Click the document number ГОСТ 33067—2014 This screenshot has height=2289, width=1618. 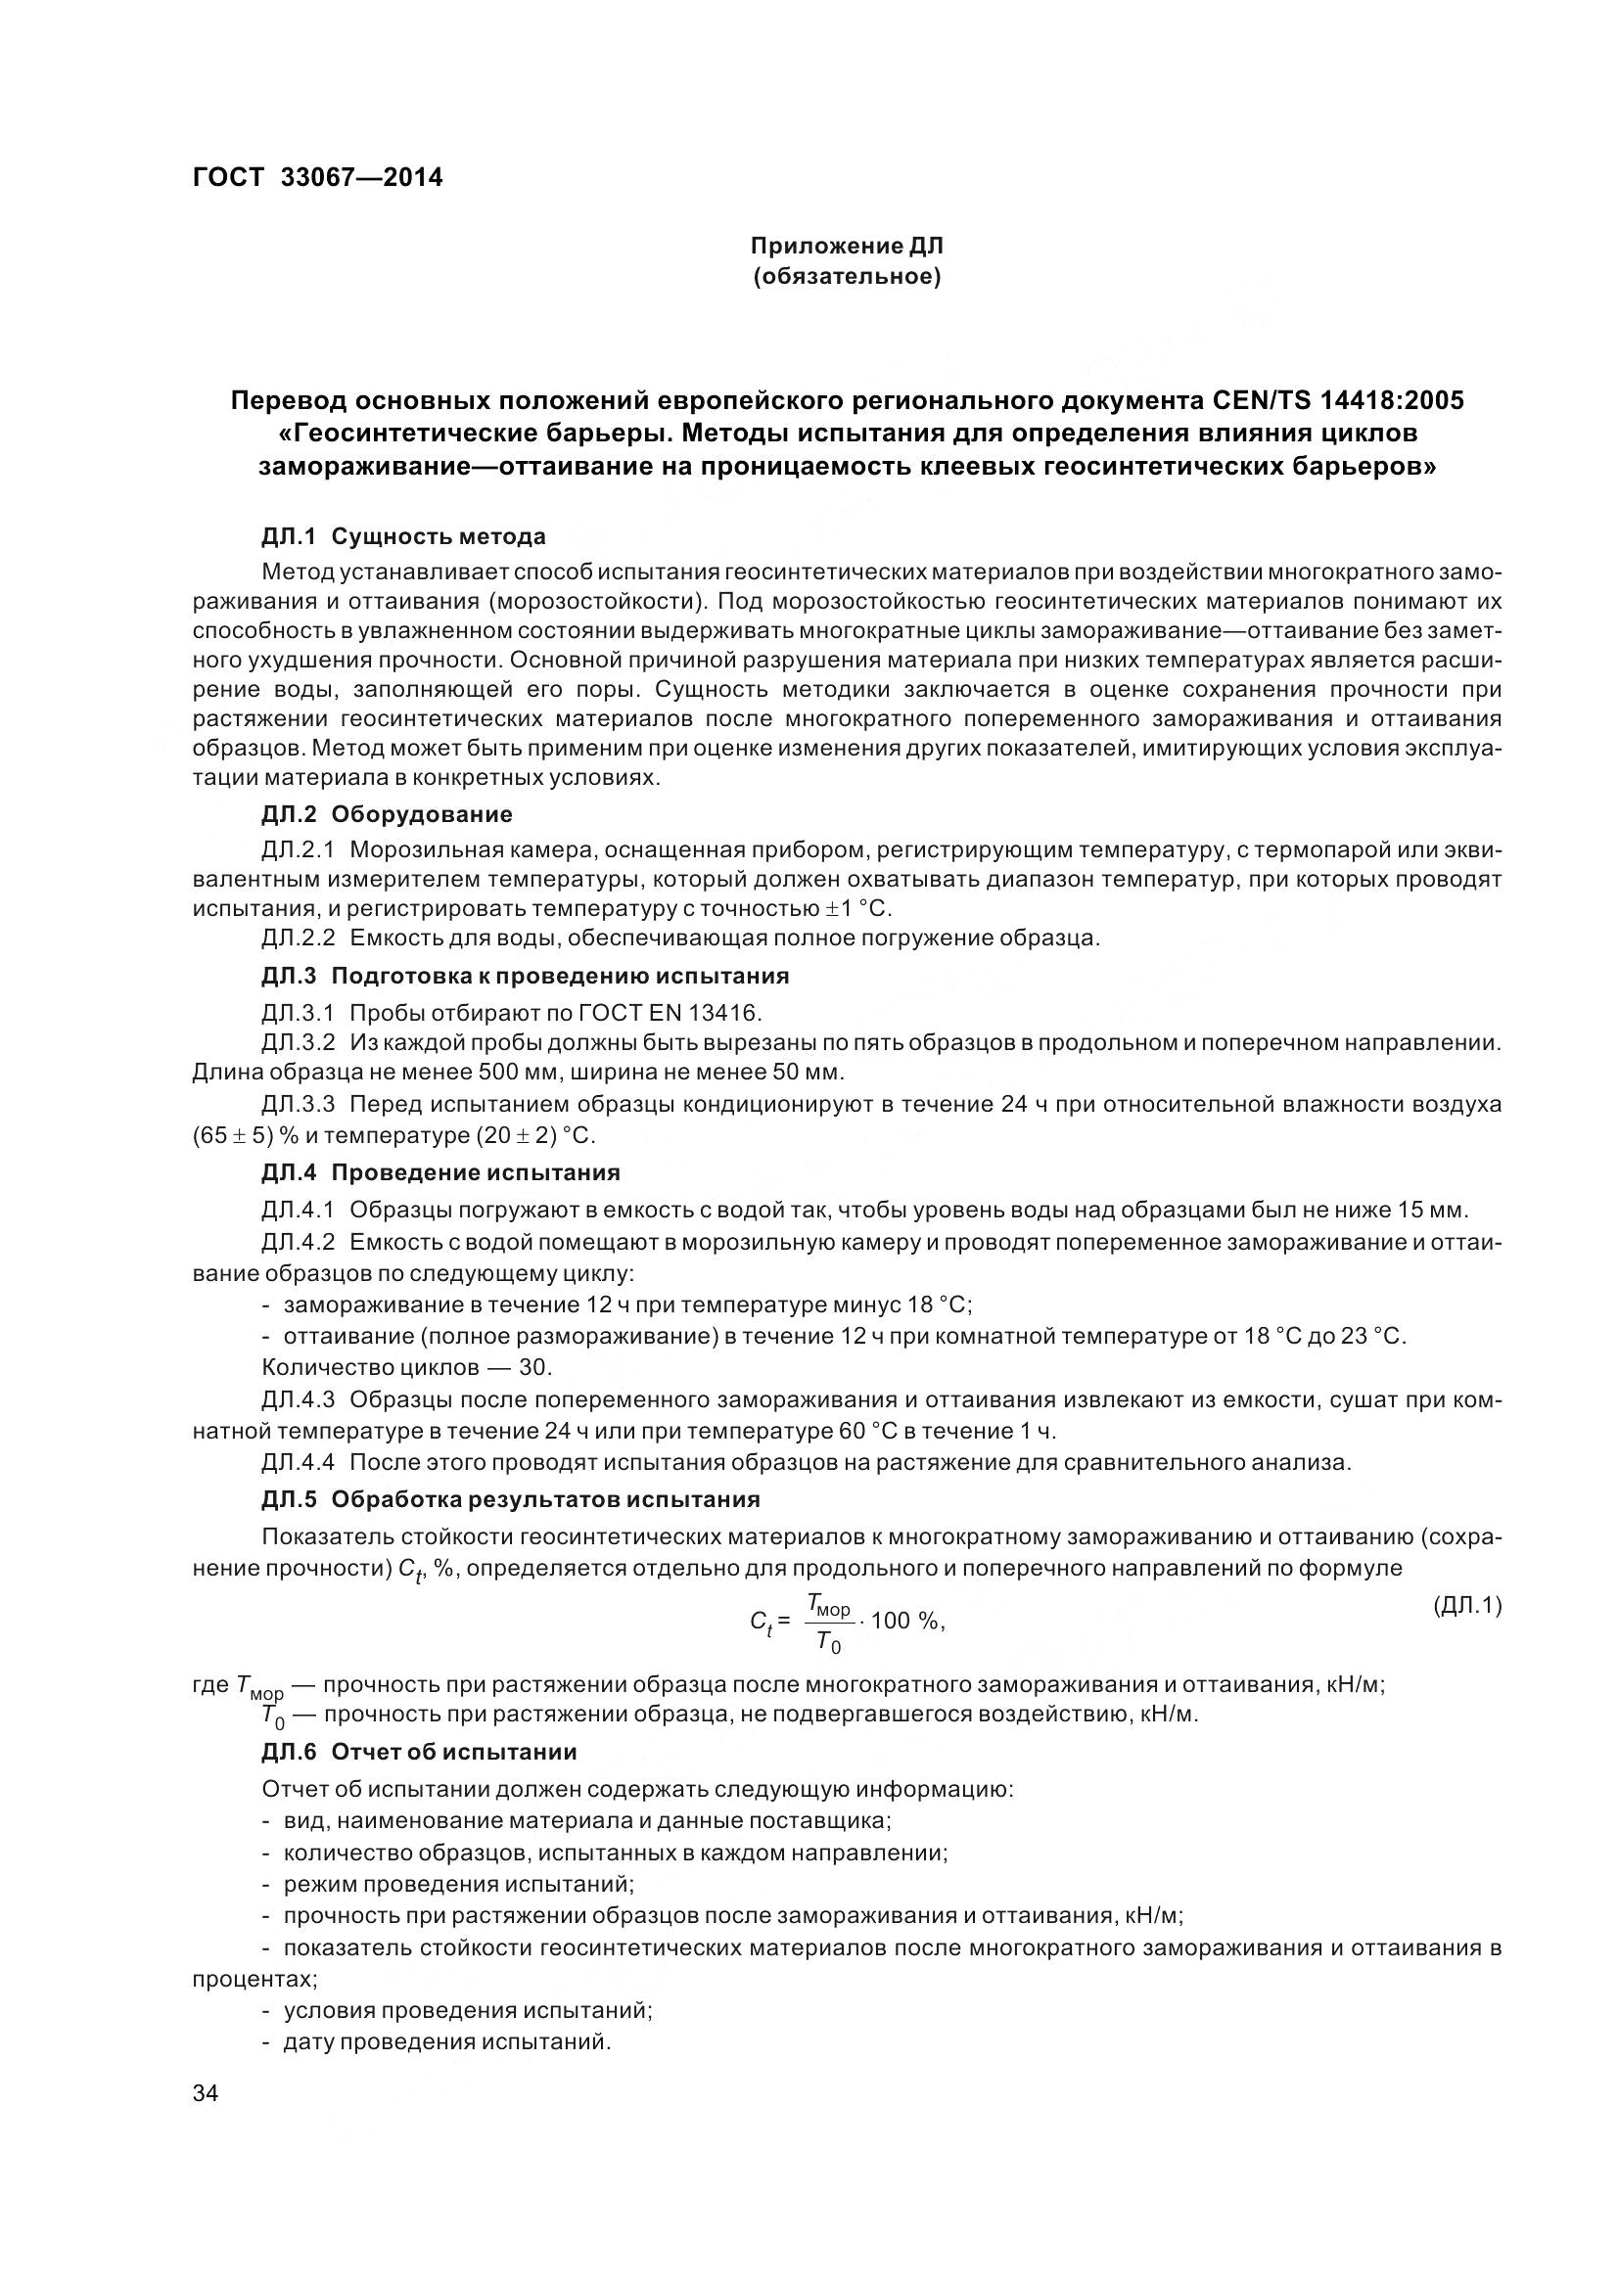coord(317,177)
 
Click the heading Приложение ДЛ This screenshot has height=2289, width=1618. coord(847,246)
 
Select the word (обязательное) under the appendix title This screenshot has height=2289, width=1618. coord(847,276)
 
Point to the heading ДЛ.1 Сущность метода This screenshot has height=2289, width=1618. coord(403,536)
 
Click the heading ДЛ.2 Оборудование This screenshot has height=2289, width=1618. coord(387,813)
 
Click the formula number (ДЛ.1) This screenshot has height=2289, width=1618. coord(1466,1605)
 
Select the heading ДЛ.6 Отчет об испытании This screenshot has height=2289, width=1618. coord(420,1752)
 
